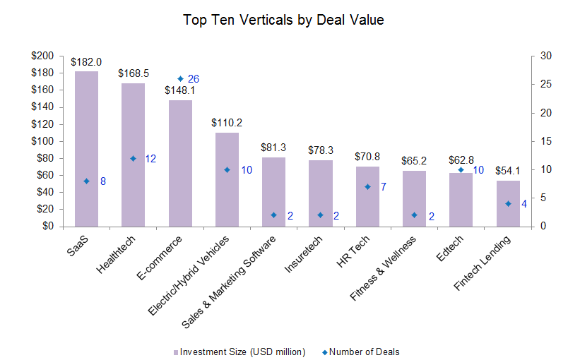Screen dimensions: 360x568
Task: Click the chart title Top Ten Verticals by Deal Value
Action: [x=283, y=20]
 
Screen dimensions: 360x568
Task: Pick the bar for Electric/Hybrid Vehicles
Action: [x=227, y=179]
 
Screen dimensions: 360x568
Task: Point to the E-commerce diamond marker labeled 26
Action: [x=180, y=79]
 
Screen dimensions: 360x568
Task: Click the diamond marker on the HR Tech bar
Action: [x=367, y=187]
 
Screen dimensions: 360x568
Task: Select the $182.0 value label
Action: [x=86, y=62]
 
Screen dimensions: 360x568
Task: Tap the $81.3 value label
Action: [x=273, y=148]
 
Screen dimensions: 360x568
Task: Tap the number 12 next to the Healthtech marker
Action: [x=150, y=159]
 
